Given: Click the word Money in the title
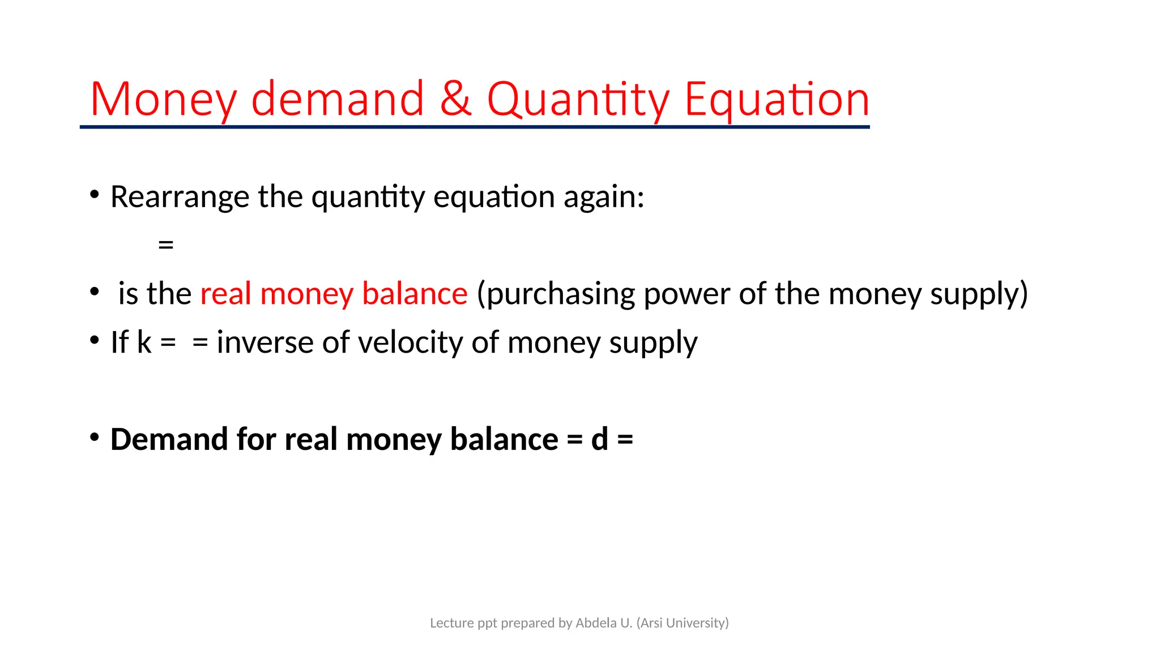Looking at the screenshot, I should [x=163, y=100].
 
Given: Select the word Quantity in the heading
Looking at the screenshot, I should [x=578, y=100].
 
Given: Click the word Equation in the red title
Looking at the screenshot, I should [x=777, y=100].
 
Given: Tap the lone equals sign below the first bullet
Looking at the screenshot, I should [x=166, y=245].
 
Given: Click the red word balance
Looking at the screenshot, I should [x=415, y=294].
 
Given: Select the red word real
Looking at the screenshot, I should [x=225, y=294].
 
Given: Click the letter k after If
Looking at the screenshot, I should [x=144, y=342].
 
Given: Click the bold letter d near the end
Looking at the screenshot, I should [x=599, y=439].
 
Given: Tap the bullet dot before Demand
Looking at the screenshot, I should [x=95, y=437].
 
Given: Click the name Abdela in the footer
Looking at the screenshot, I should [x=596, y=623].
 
